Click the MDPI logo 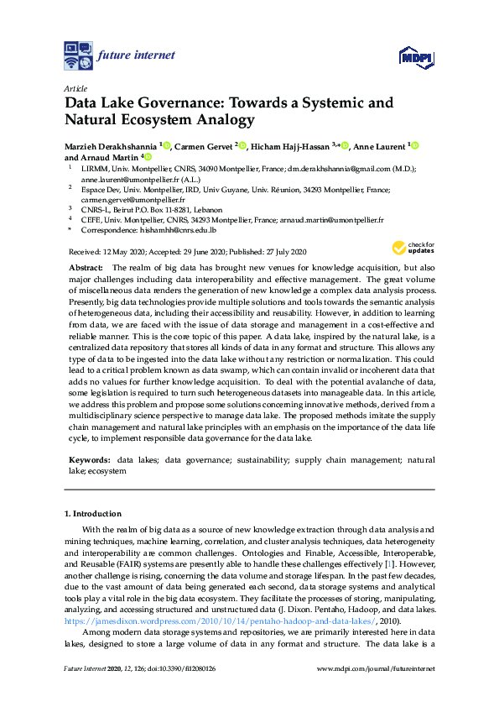coord(416,56)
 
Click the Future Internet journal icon coord(79,55)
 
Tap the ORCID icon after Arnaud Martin coord(148,157)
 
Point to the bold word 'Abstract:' coord(85,265)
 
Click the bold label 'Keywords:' coord(88,461)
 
